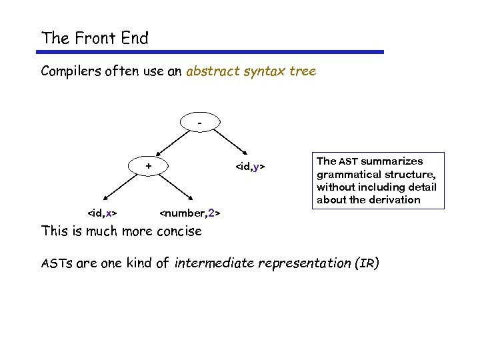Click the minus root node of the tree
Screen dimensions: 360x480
(199, 122)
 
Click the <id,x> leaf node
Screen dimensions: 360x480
(103, 213)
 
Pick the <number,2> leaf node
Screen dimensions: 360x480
(190, 213)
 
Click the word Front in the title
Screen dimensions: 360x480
(95, 38)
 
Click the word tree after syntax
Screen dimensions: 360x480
(303, 71)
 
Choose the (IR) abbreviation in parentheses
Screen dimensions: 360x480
(367, 263)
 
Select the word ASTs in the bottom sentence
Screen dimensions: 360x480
(57, 263)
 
